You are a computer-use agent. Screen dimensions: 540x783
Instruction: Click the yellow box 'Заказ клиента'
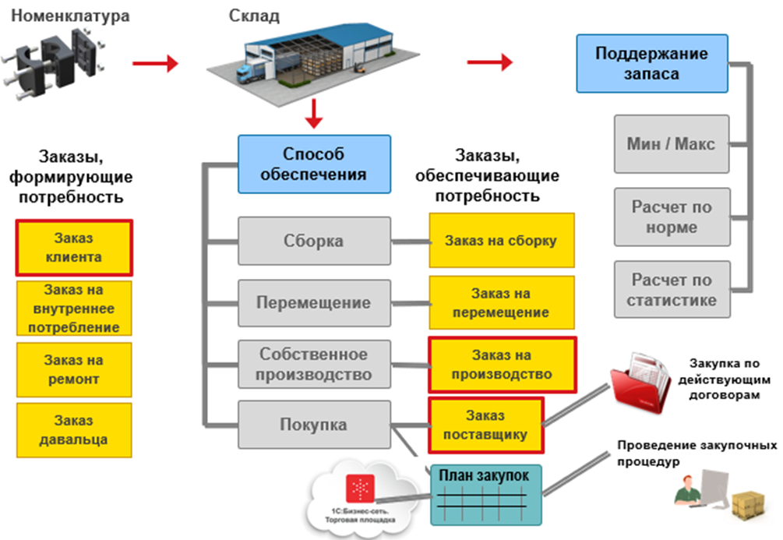click(x=74, y=247)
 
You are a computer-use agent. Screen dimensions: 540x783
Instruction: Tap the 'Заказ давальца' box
click(x=74, y=430)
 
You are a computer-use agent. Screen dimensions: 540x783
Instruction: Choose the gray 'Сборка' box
click(x=313, y=240)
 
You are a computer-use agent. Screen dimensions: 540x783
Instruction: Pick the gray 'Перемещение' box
click(x=313, y=302)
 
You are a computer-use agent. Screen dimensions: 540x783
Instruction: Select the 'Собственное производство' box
click(x=313, y=364)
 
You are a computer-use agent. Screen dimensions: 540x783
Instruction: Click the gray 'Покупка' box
click(x=313, y=425)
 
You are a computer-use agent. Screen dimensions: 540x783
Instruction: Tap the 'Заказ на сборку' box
click(x=501, y=240)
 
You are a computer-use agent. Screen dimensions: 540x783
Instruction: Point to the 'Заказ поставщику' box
click(x=485, y=425)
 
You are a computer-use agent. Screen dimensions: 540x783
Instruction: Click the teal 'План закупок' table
click(x=485, y=495)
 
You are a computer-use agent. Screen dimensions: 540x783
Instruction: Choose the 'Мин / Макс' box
click(x=671, y=144)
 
